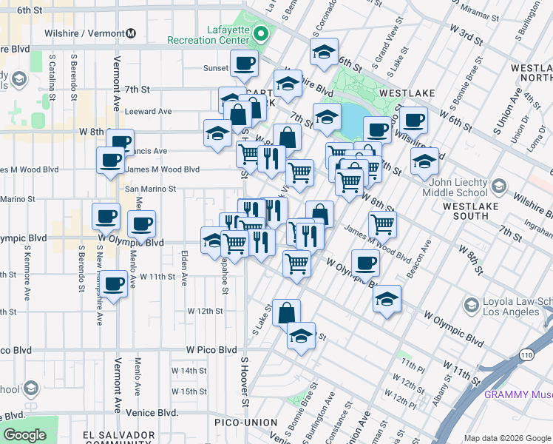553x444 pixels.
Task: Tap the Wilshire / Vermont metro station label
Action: pos(94,33)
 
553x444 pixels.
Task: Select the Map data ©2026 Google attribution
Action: pos(506,438)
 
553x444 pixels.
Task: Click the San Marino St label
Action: pos(150,189)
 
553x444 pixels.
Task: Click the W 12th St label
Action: pos(205,311)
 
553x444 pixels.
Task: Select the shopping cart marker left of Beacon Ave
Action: pos(382,223)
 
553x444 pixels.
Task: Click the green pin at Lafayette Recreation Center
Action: pos(260,34)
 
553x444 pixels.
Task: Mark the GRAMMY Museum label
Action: pos(518,394)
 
